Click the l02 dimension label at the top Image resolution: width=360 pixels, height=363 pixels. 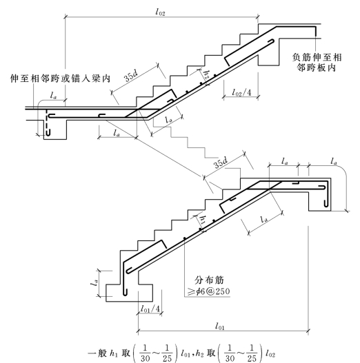[x=161, y=12]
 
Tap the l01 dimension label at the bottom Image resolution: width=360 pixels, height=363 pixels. [x=220, y=326]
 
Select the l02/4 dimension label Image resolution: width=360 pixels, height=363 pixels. [x=241, y=92]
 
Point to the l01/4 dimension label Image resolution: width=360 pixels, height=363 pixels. [x=150, y=309]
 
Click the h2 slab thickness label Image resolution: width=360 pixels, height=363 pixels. [x=206, y=75]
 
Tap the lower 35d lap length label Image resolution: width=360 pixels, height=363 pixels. [x=221, y=163]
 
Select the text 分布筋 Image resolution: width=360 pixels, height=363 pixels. [x=209, y=280]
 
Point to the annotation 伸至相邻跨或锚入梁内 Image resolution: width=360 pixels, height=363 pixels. [x=60, y=79]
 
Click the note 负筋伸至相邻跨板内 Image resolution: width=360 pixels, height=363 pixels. [x=317, y=63]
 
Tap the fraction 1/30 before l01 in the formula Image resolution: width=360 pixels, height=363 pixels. [x=145, y=353]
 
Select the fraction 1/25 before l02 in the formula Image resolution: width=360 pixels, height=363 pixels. [x=252, y=353]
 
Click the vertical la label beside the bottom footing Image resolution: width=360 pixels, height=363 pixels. [x=94, y=282]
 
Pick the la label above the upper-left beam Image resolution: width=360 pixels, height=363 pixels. [x=53, y=95]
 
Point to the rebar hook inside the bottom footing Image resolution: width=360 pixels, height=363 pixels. [x=126, y=292]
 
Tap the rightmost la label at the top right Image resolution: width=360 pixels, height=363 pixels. [x=334, y=161]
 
